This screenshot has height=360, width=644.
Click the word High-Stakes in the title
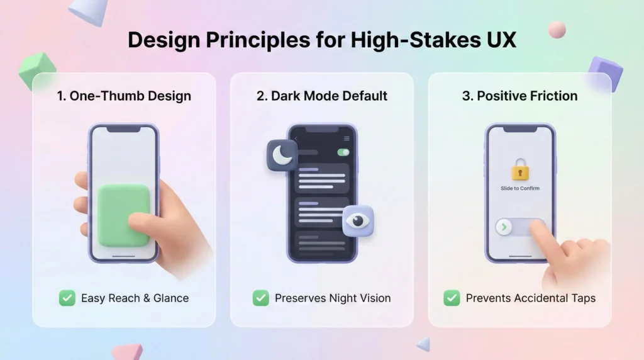coord(415,40)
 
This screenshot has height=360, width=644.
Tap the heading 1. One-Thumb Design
coord(124,96)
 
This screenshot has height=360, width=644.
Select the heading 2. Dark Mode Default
coord(322,96)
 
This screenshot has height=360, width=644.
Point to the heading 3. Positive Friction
coord(520,96)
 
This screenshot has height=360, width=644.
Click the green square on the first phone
coord(124,215)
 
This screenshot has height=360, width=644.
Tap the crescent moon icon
coord(282,155)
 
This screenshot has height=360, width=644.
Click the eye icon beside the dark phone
coord(358,221)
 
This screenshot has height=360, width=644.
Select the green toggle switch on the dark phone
coord(343,152)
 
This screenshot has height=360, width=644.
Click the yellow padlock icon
coord(520,169)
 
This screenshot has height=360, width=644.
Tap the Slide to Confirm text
coord(520,188)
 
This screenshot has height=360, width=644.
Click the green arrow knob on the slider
coord(504,227)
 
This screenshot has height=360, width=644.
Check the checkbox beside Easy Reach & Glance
coord(67,298)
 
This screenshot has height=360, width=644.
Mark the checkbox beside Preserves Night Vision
coord(261,298)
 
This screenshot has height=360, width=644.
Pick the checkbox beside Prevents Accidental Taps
coord(452,298)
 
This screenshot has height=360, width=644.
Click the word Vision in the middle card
coord(374,298)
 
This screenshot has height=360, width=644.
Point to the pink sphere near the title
coord(557,30)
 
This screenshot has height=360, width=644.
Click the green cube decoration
coord(37,70)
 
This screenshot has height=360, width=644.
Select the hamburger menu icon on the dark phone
coord(347,138)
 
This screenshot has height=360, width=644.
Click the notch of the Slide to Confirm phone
coord(520,129)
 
